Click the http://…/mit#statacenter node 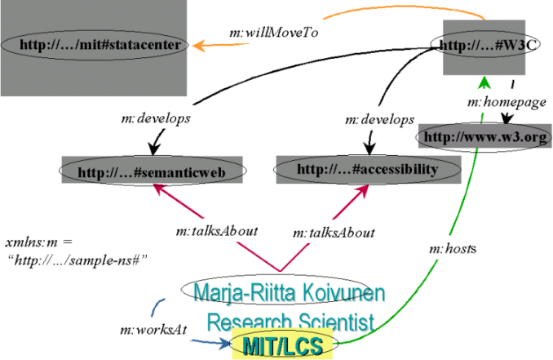[x=104, y=43]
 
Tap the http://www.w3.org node [x=483, y=136]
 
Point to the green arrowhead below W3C [x=484, y=81]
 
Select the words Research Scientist [x=290, y=319]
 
